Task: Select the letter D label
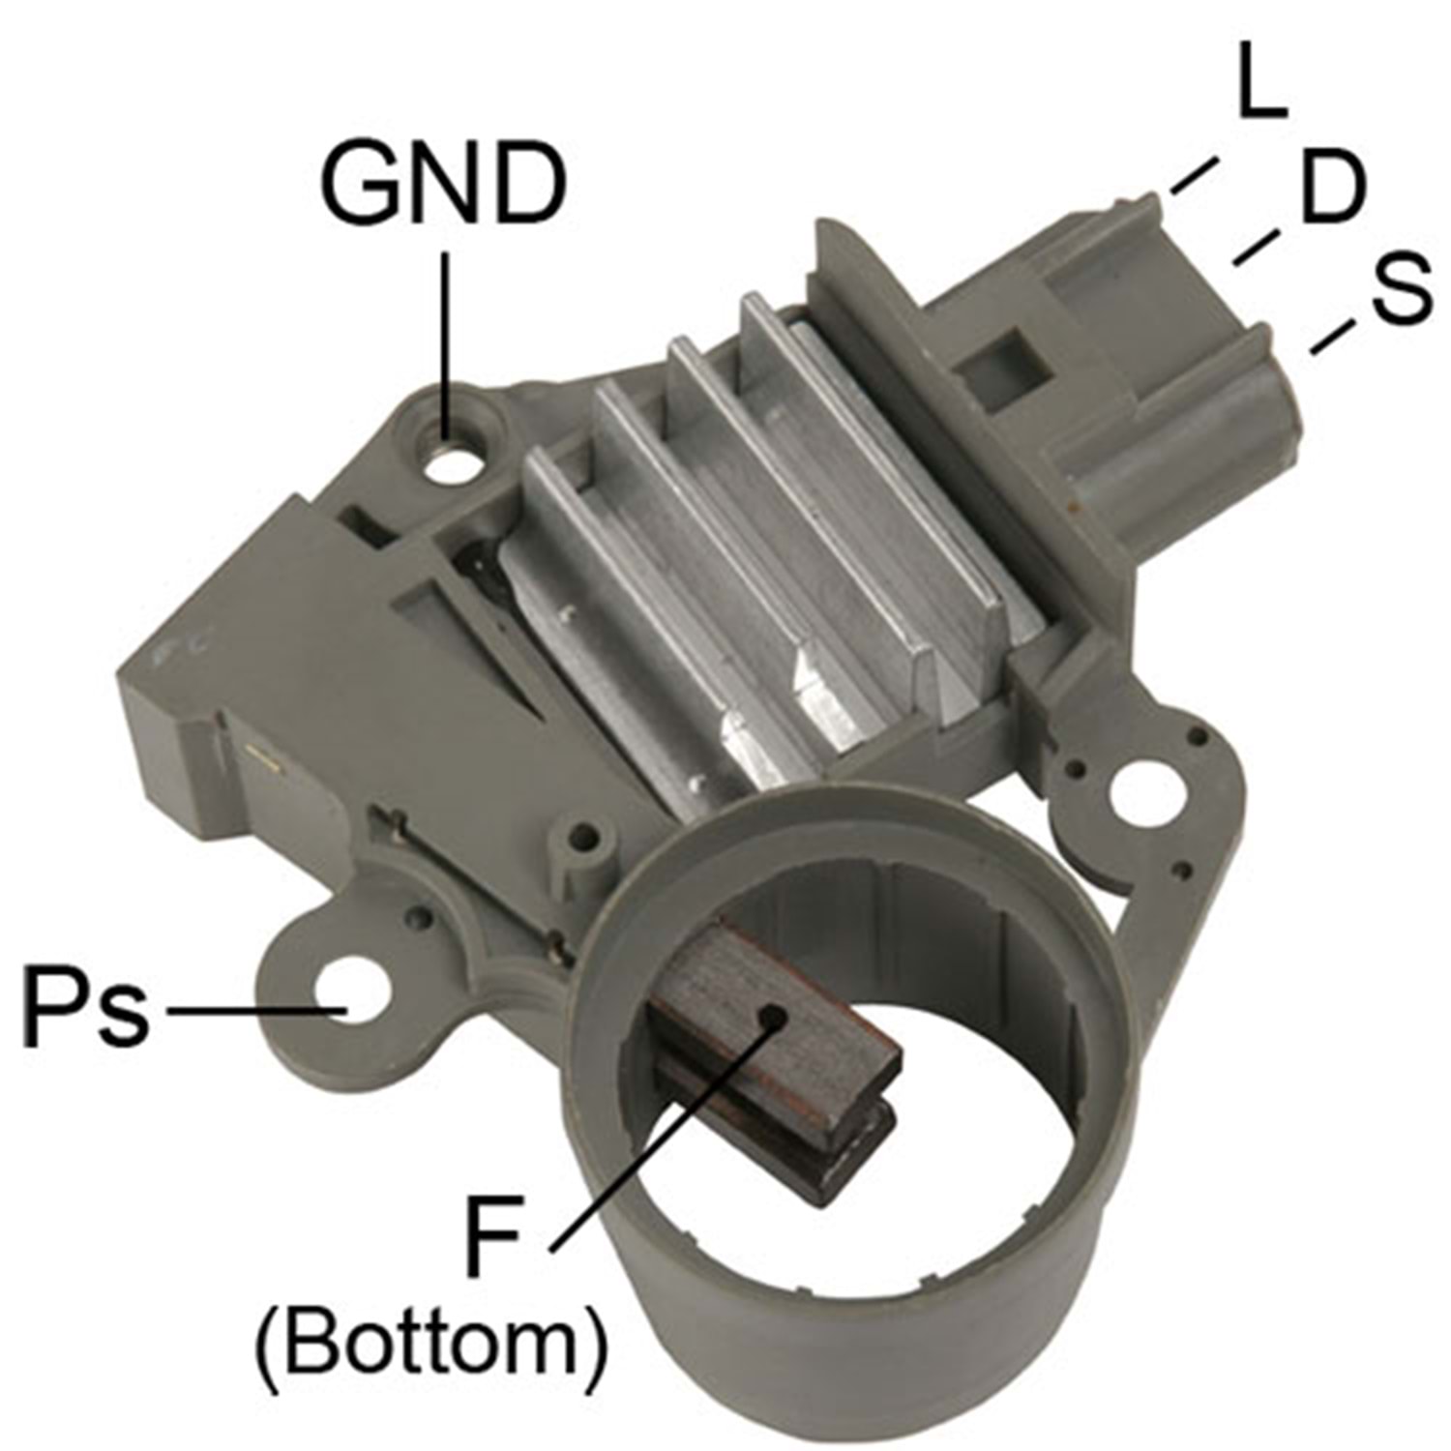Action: pyautogui.click(x=1332, y=188)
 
